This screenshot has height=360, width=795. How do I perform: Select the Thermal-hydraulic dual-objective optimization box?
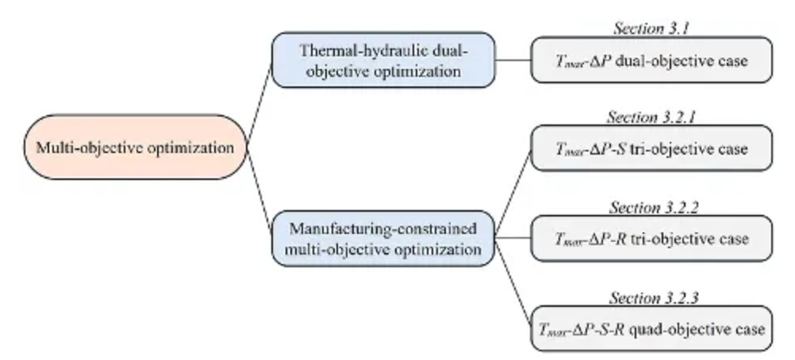pyautogui.click(x=385, y=60)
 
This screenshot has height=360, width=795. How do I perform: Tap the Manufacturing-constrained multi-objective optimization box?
pyautogui.click(x=385, y=239)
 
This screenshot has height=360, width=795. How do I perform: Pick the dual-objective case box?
pyautogui.click(x=651, y=60)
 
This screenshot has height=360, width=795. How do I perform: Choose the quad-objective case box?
pyautogui.click(x=651, y=327)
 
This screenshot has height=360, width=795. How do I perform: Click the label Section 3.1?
pyautogui.click(x=651, y=29)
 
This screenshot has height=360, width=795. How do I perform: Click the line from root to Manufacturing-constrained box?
pyautogui.click(x=259, y=190)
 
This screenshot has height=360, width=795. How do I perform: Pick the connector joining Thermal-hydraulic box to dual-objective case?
pyautogui.click(x=513, y=59)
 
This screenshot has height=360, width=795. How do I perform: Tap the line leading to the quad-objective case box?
pyautogui.click(x=513, y=283)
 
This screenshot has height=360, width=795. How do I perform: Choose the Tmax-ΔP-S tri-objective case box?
pyautogui.click(x=651, y=148)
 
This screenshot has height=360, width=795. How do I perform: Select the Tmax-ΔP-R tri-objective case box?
pyautogui.click(x=651, y=238)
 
